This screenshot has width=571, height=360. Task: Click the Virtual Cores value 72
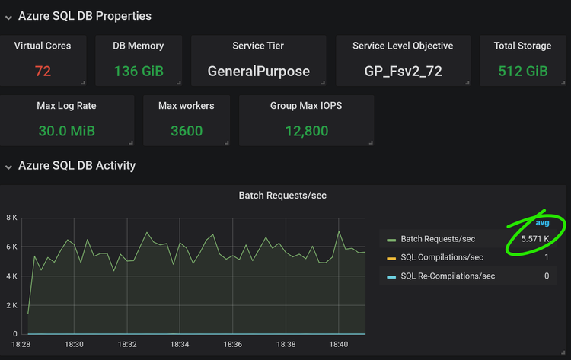coord(43,72)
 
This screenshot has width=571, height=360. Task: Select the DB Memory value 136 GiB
coord(138,72)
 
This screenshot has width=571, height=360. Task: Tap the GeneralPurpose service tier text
coord(258,72)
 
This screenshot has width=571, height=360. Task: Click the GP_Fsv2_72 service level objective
coord(403,72)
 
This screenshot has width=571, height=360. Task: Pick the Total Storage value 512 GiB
coord(522,72)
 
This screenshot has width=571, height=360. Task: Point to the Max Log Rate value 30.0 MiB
coord(66,131)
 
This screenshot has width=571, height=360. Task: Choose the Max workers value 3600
coord(186,131)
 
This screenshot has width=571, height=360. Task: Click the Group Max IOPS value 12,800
coord(306,131)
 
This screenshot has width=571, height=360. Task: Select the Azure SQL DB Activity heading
coord(77,165)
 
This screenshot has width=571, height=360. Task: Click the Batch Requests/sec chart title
coord(282,196)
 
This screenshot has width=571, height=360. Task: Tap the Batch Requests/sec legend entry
coord(437,239)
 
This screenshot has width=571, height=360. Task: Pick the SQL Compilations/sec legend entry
coord(442,257)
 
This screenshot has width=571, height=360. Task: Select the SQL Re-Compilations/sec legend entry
coord(448,276)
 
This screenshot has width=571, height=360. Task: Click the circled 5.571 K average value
coord(534,239)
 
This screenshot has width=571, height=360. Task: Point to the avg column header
coord(542,223)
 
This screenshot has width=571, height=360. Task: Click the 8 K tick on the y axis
coord(12,218)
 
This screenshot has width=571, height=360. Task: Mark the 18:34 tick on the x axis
coord(179,345)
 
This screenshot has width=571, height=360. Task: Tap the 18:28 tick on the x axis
coord(21,345)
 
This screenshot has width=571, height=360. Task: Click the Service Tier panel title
coord(258,46)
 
